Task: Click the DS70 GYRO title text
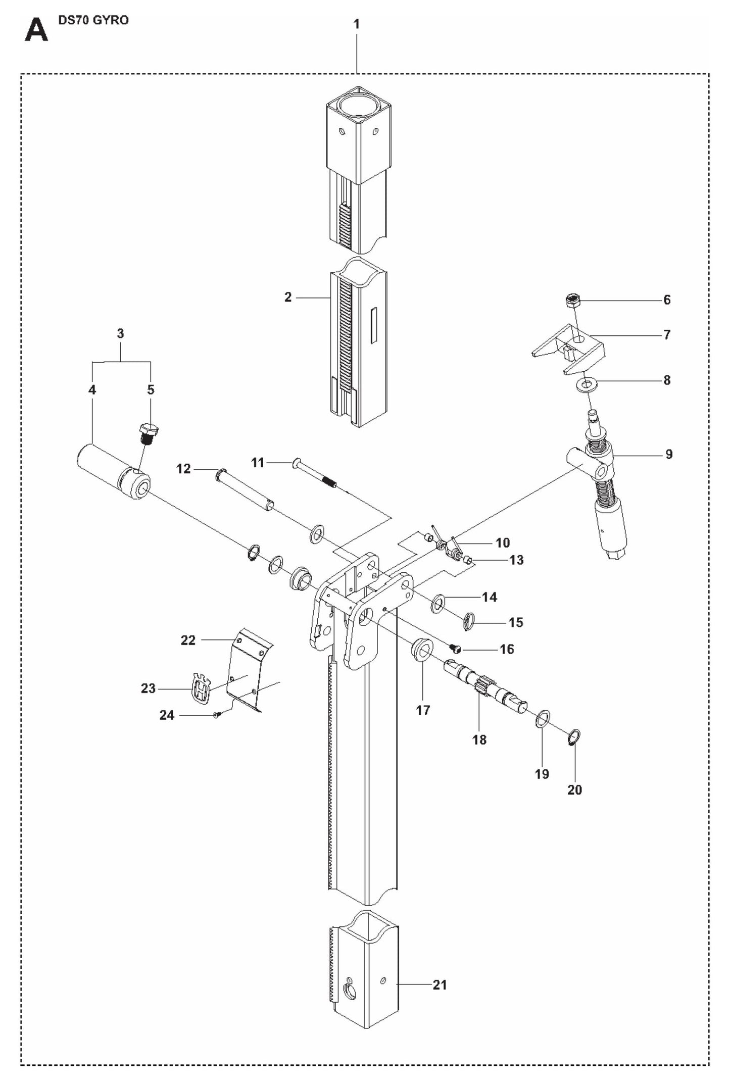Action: (x=93, y=21)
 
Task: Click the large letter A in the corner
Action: (x=36, y=31)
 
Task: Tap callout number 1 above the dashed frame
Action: (x=356, y=24)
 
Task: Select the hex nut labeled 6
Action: (x=572, y=300)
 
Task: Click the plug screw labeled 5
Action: (x=148, y=433)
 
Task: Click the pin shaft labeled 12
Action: (x=245, y=489)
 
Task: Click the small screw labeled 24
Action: (x=217, y=714)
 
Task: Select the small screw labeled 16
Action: (x=455, y=649)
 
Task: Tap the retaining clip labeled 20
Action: (x=575, y=737)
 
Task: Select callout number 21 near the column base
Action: (x=440, y=984)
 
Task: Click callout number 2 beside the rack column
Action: (x=288, y=297)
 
